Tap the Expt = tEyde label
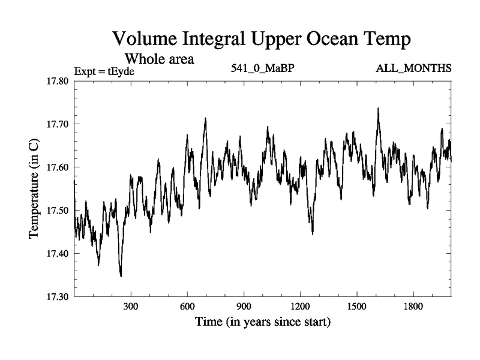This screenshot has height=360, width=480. coord(104,71)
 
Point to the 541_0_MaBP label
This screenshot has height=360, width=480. coord(263,68)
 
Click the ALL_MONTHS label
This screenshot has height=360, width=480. coord(413,68)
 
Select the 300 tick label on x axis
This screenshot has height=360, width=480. coord(131,306)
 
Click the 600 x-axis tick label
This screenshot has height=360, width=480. coord(187,306)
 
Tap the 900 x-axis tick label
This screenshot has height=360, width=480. coord(244,306)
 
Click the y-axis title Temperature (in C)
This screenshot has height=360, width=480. coord(34,190)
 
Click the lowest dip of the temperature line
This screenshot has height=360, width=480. coord(121,276)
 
